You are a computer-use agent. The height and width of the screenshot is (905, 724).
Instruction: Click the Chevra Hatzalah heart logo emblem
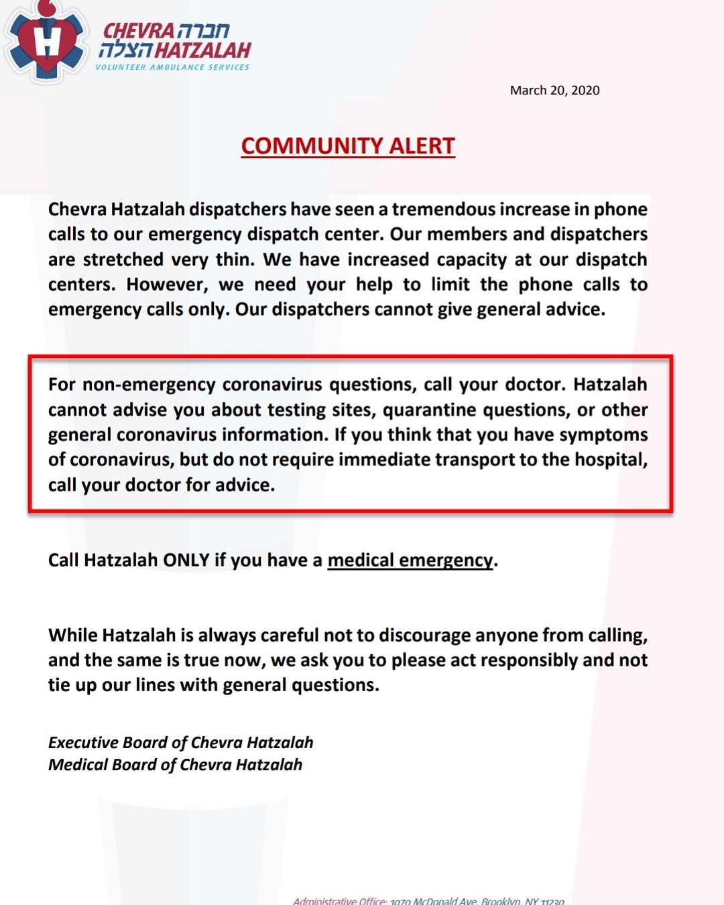(x=46, y=42)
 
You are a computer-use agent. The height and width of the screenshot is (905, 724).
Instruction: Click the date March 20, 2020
(x=554, y=90)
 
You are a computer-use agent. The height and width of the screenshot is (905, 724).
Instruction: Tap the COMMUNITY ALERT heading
(x=348, y=146)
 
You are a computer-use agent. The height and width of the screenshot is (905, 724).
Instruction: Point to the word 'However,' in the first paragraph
(x=168, y=284)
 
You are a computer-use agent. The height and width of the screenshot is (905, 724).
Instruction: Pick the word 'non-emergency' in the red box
(x=149, y=385)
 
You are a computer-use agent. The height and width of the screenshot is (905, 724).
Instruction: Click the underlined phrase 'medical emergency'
(x=410, y=560)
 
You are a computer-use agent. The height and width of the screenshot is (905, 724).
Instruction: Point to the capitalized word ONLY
(x=186, y=560)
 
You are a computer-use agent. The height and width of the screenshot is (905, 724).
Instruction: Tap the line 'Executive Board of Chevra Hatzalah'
(x=180, y=743)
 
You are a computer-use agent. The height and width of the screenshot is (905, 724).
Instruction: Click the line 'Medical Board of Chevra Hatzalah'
(x=175, y=765)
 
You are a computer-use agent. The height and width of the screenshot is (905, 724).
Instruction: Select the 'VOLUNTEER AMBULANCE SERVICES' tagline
(x=172, y=68)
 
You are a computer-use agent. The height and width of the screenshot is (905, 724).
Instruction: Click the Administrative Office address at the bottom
(x=428, y=900)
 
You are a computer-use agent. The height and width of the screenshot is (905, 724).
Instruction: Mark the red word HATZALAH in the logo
(x=202, y=50)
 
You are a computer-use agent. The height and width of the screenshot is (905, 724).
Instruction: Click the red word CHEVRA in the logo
(x=138, y=31)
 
